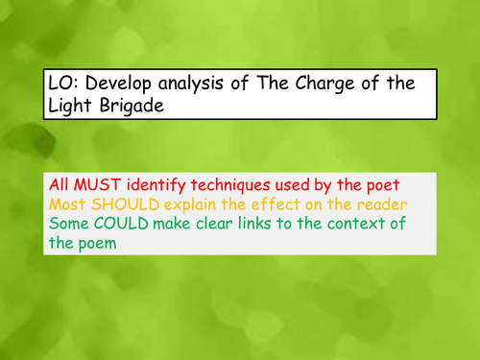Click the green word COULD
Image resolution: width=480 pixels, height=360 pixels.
tap(121, 223)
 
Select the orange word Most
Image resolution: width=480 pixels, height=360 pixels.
tap(65, 203)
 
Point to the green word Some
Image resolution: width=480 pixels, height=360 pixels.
tap(67, 223)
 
